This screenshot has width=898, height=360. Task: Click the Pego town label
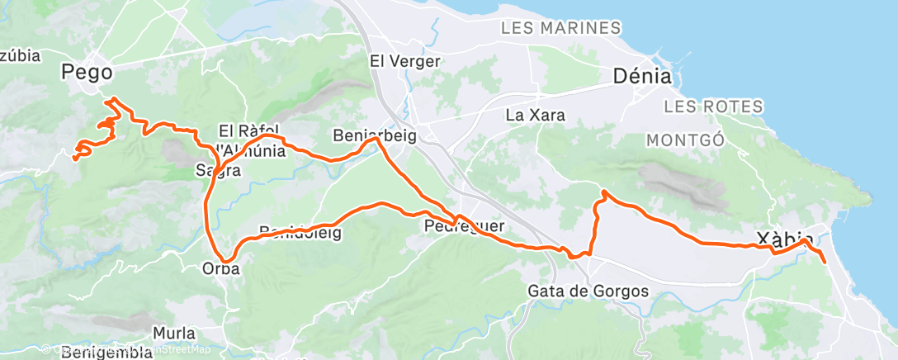click(86, 73)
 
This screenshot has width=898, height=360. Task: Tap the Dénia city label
click(641, 77)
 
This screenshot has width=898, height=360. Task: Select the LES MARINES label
click(560, 29)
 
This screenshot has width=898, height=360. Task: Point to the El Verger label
click(405, 60)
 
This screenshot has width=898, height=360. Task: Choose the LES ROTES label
click(702, 107)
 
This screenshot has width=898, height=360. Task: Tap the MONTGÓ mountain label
click(684, 140)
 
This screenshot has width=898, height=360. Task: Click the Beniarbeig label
click(375, 135)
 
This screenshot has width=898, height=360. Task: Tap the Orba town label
click(220, 268)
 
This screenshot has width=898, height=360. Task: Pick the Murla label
click(175, 334)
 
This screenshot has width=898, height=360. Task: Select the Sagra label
click(218, 171)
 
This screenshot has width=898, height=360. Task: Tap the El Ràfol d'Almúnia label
click(251, 140)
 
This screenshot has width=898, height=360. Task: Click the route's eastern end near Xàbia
click(824, 262)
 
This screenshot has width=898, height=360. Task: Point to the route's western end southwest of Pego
click(75, 157)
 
